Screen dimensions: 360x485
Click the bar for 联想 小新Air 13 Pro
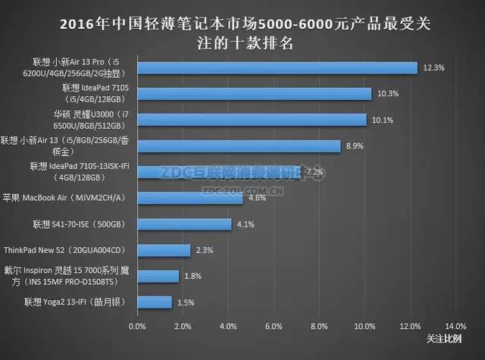click(x=277, y=67)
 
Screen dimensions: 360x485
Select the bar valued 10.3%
click(x=254, y=94)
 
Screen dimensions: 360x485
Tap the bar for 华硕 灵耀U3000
click(x=252, y=120)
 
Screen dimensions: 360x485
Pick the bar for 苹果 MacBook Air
click(x=189, y=198)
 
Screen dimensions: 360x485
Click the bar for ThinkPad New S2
click(x=163, y=250)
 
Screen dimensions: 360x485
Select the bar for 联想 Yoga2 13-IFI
click(x=154, y=302)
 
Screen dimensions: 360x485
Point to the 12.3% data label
click(x=433, y=67)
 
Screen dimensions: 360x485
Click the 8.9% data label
click(x=355, y=146)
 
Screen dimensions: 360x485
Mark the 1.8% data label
click(x=194, y=277)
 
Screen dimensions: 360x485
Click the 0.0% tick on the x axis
click(x=137, y=327)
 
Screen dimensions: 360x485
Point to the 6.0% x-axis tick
click(x=274, y=327)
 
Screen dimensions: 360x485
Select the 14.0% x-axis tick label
click(x=455, y=327)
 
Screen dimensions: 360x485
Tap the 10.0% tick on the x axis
click(x=365, y=327)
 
